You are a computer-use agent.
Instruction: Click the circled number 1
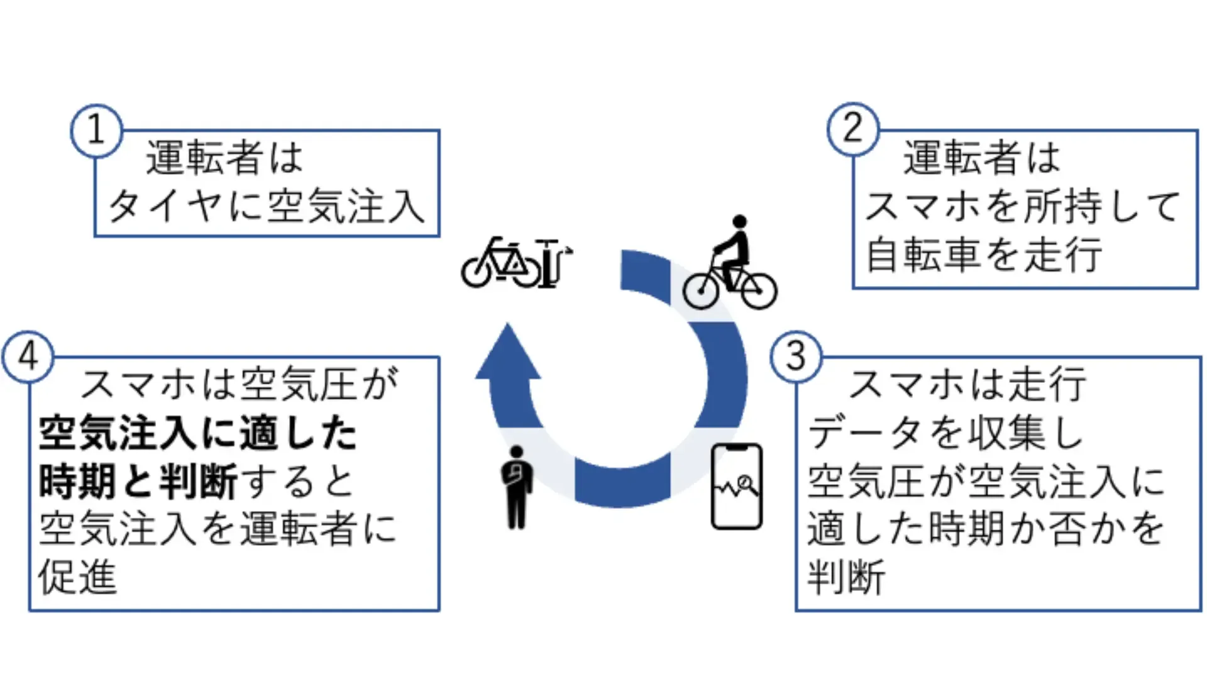coord(96,130)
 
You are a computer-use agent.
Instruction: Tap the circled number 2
coord(852,129)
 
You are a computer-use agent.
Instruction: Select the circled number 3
coord(796,356)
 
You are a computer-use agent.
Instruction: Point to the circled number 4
coord(28,357)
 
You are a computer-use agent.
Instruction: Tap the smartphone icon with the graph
coord(737,486)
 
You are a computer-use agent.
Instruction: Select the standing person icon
coord(517,487)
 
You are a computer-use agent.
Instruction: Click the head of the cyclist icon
coord(740,222)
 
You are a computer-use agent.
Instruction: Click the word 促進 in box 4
coord(78,577)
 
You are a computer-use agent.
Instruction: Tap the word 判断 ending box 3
coord(847,577)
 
